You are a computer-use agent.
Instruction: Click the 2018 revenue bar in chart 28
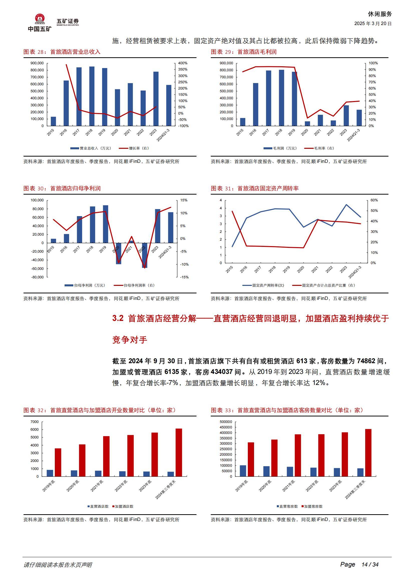(x=92, y=96)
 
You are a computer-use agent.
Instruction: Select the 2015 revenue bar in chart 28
(x=53, y=121)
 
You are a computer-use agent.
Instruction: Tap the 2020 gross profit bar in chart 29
(x=307, y=124)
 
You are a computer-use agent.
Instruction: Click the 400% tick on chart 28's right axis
(x=182, y=63)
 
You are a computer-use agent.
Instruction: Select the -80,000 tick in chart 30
(x=37, y=277)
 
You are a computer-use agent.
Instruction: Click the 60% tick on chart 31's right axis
(x=374, y=200)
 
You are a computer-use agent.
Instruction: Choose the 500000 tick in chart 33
(x=226, y=422)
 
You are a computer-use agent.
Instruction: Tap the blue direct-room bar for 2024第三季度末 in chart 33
(x=360, y=472)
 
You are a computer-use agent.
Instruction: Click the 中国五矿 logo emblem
(x=40, y=20)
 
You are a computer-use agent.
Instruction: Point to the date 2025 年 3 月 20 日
(x=373, y=24)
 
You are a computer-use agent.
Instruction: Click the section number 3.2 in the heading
(x=118, y=318)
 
